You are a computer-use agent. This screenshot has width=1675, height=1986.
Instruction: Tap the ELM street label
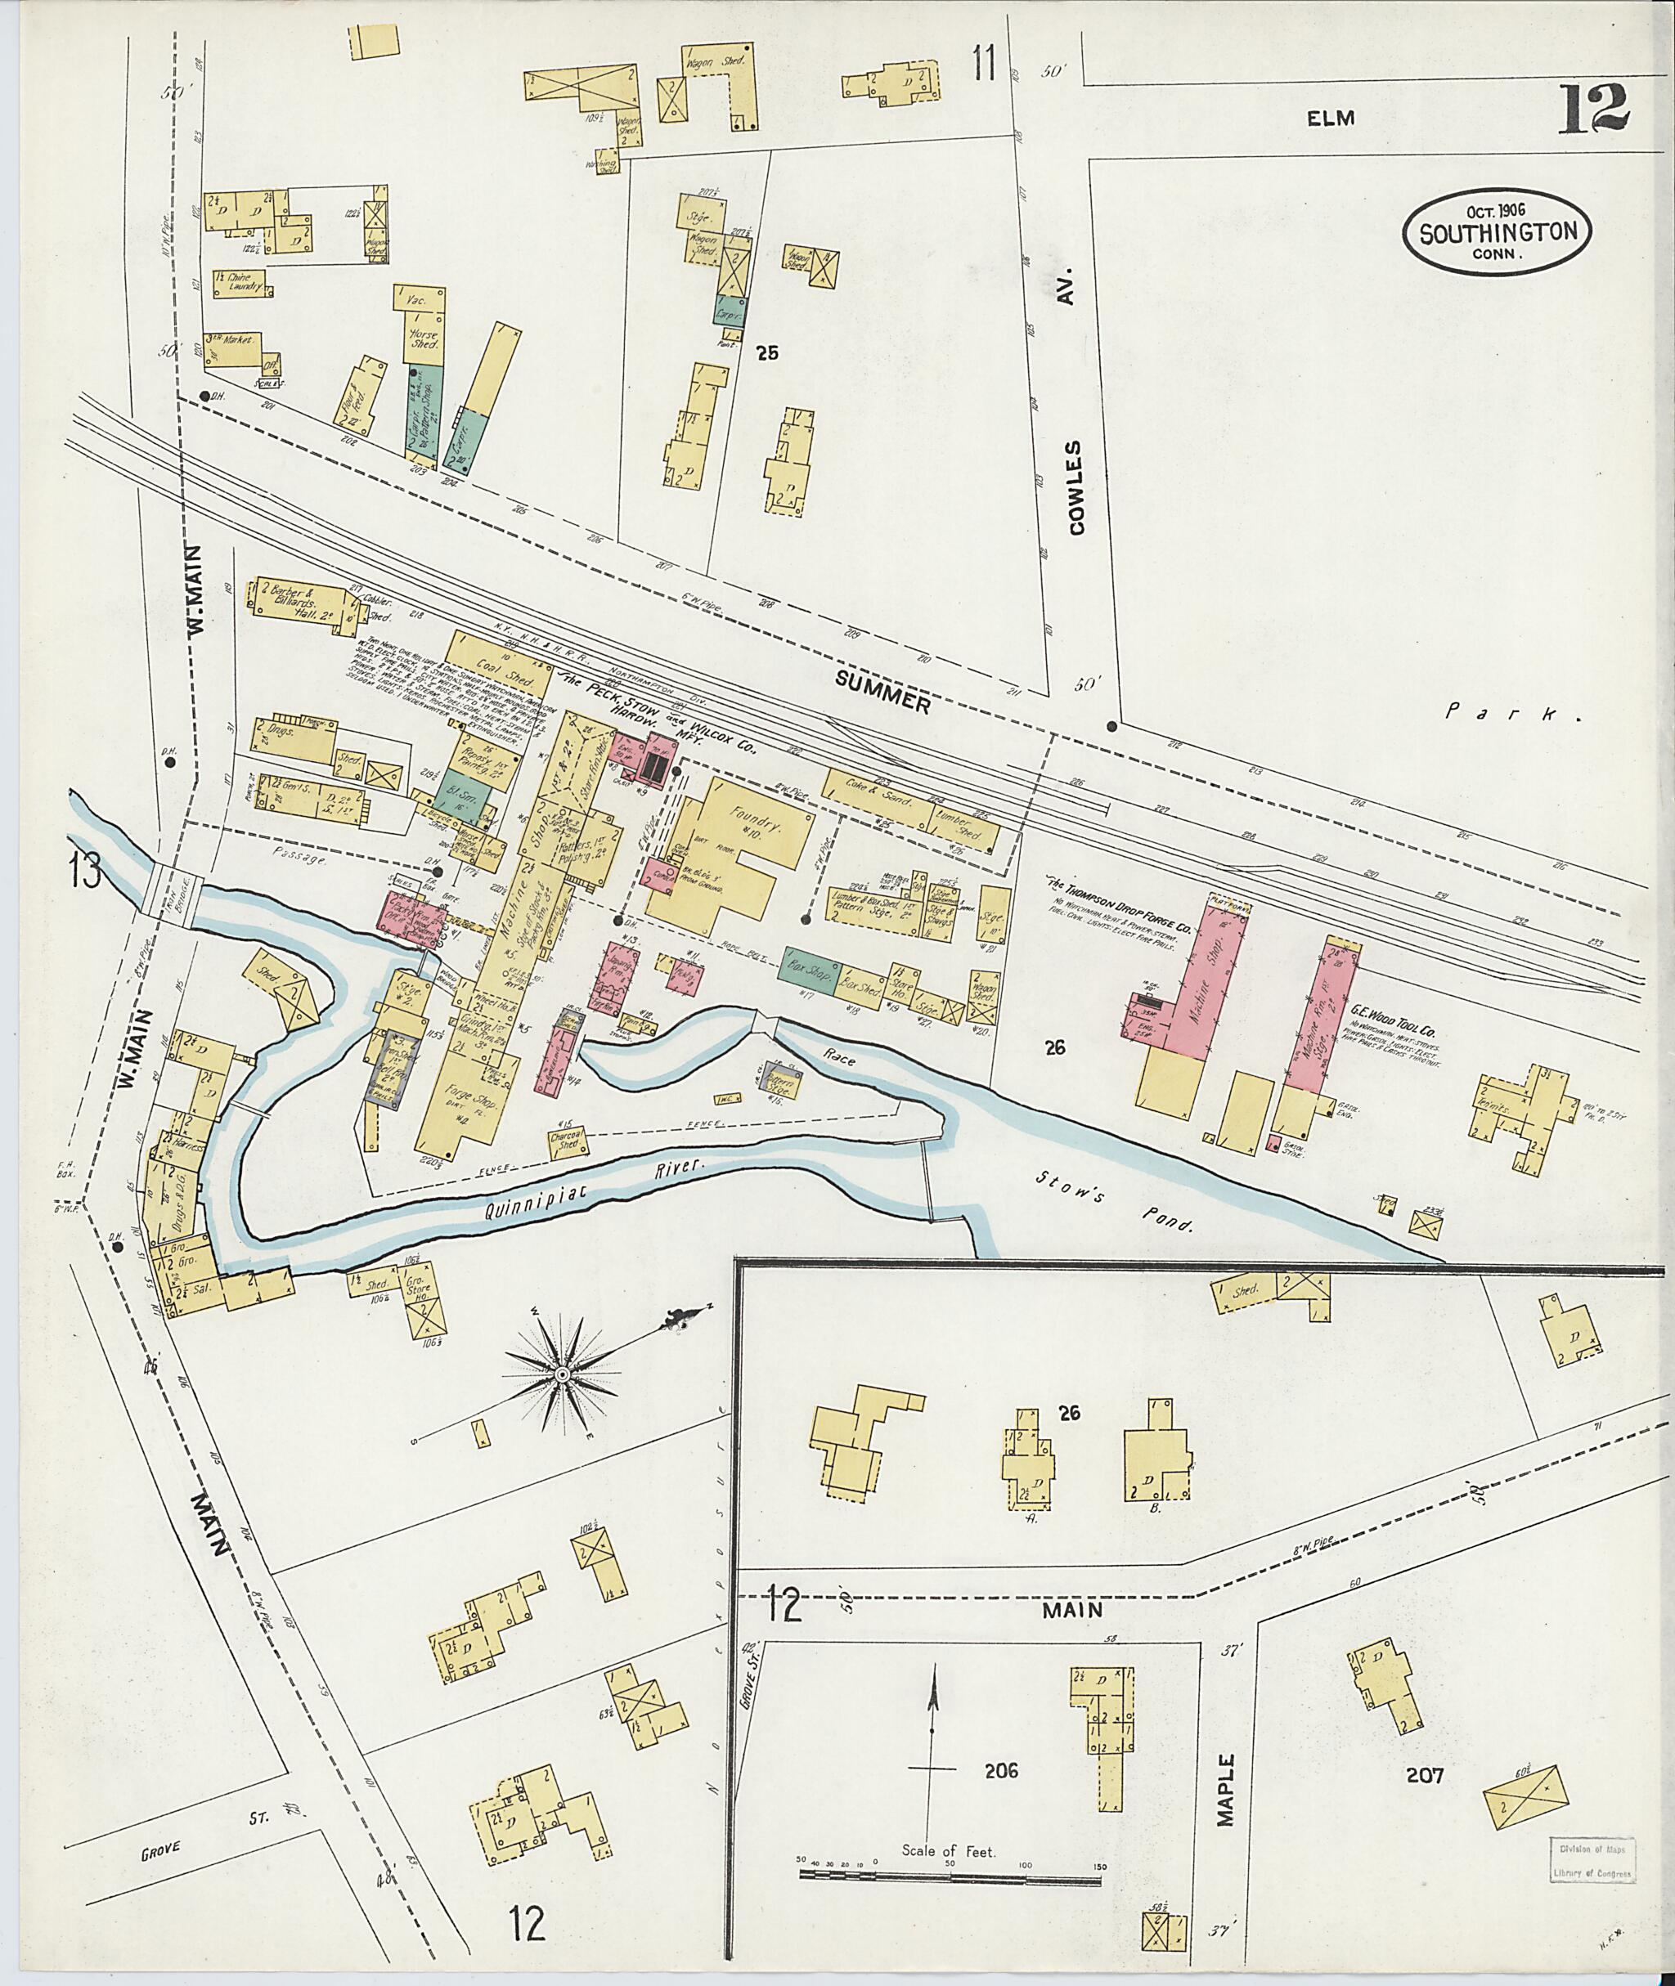1329,119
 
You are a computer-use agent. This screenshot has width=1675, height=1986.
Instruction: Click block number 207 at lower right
1426,1773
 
